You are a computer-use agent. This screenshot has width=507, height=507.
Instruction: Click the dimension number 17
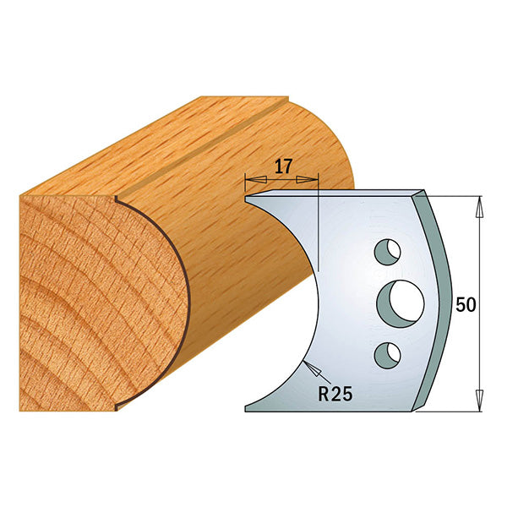(x=282, y=166)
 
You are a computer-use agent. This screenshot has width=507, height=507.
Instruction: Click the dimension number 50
(x=464, y=305)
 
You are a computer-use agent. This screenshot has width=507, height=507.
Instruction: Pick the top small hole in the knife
(x=387, y=252)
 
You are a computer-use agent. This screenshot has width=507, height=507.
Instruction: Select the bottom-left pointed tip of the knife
(x=246, y=410)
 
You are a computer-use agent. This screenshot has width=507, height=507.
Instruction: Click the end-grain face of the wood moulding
(x=93, y=296)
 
